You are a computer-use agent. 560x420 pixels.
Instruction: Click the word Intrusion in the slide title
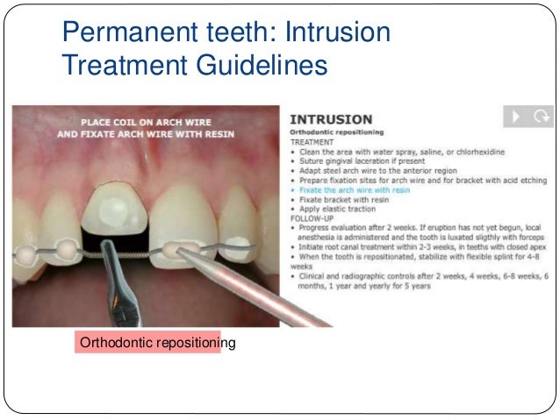[337, 32]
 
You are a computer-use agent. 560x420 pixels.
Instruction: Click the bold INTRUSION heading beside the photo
[331, 118]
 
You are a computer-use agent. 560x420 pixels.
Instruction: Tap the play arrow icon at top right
[516, 116]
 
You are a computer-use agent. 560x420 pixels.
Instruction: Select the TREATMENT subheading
[312, 141]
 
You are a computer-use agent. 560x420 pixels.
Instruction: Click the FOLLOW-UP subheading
[312, 219]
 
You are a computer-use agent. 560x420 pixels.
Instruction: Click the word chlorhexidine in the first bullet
[477, 152]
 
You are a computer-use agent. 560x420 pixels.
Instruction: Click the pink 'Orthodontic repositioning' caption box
[147, 342]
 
